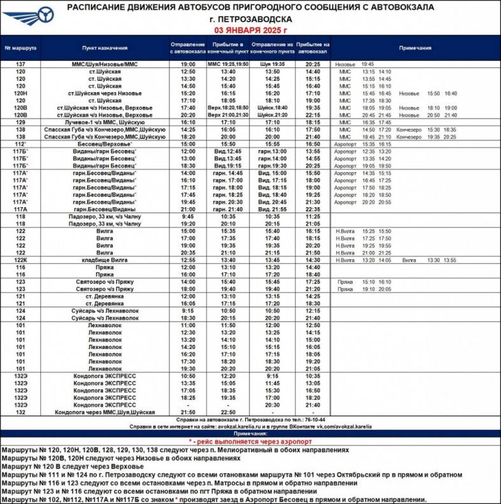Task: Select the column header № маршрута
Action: [20, 48]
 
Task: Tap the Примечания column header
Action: [415, 48]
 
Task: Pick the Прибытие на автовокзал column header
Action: [313, 48]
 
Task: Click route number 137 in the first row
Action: [20, 64]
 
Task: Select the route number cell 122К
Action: [20, 260]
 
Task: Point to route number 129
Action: [20, 121]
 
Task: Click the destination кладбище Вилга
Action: [104, 260]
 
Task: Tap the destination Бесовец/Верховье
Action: [104, 144]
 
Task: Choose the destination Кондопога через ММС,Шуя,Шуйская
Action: [104, 412]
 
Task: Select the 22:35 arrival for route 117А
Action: [313, 208]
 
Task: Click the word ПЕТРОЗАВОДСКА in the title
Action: [255, 19]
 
